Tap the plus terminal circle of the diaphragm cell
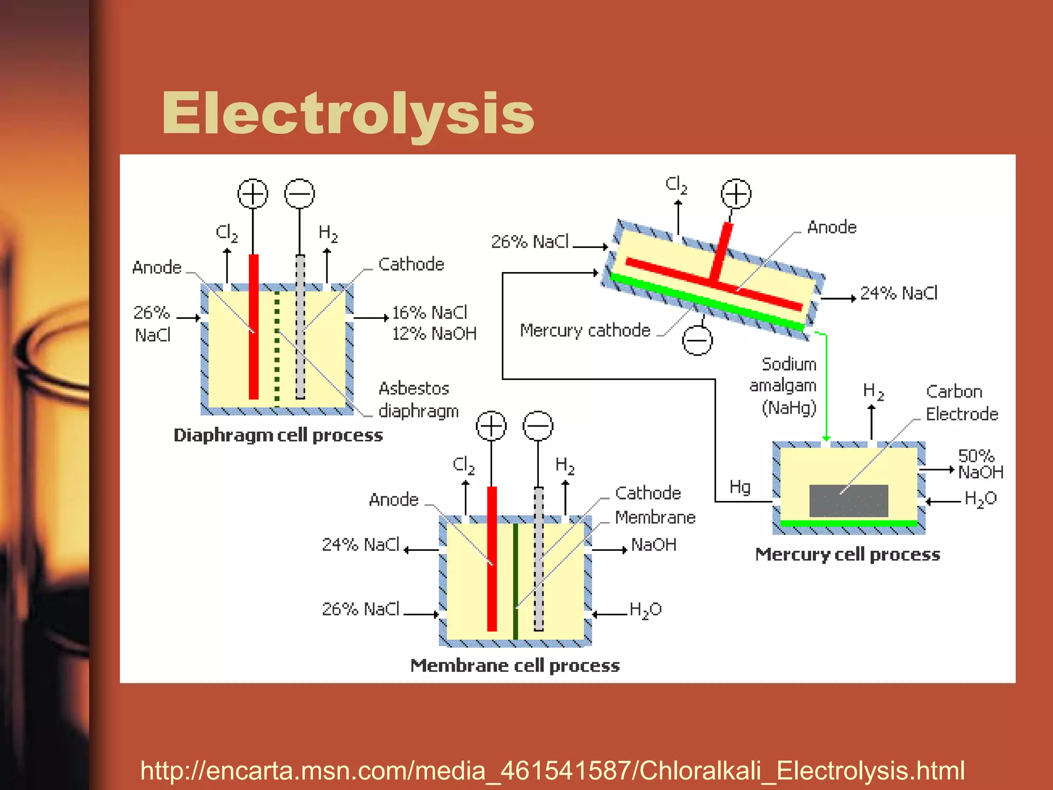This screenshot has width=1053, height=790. pyautogui.click(x=252, y=194)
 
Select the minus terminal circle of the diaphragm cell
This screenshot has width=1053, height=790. pyautogui.click(x=299, y=194)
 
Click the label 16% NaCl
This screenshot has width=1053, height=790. pyautogui.click(x=429, y=312)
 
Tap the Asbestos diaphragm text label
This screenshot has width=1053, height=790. pyautogui.click(x=418, y=400)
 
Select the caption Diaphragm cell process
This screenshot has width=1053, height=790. pyautogui.click(x=278, y=435)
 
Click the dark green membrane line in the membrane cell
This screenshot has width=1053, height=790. pyautogui.click(x=515, y=581)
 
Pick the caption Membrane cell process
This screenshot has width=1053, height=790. pyautogui.click(x=515, y=666)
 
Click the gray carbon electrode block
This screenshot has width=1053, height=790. pyautogui.click(x=848, y=500)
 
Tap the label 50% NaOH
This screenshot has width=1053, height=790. pyautogui.click(x=980, y=463)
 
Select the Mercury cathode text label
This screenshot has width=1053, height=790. pyautogui.click(x=585, y=330)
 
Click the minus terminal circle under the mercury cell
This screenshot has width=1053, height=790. pyautogui.click(x=697, y=340)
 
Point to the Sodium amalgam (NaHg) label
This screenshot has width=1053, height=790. pyautogui.click(x=784, y=386)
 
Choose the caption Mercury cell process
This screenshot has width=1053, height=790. pyautogui.click(x=847, y=554)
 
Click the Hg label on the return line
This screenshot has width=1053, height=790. pyautogui.click(x=740, y=487)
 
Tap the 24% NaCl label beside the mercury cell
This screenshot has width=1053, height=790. pyautogui.click(x=899, y=293)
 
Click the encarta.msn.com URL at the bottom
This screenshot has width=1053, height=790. pyautogui.click(x=552, y=770)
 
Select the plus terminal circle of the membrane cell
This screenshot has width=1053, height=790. pyautogui.click(x=491, y=426)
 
